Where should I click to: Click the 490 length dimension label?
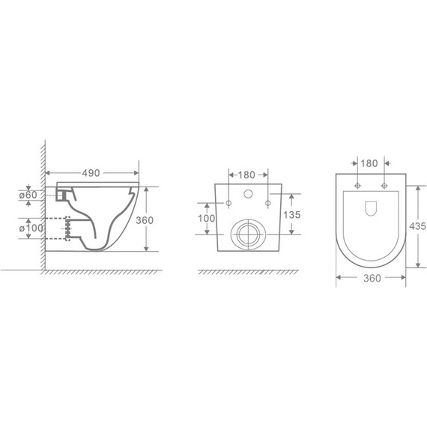pos(91,173)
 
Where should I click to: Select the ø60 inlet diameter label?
pos(28,195)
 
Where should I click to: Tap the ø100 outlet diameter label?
pos(31,228)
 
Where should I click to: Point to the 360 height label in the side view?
pos(145,220)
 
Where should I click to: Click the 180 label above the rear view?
pos(246,175)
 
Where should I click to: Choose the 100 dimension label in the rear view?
pos(207,218)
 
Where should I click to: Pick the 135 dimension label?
pos(292,214)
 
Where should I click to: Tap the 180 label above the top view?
pos(369,163)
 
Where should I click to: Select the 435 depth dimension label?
pos(417,226)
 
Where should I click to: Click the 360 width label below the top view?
pos(372,278)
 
